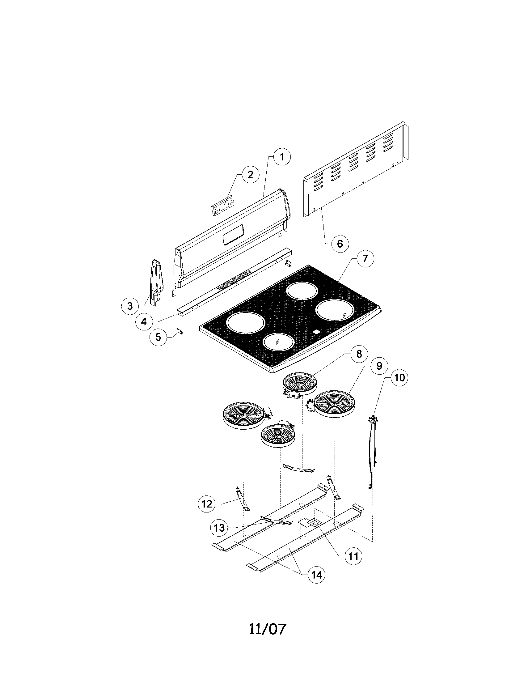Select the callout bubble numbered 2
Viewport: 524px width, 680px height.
pos(250,174)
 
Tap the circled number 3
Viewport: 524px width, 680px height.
pos(130,306)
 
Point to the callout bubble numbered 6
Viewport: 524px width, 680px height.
pos(340,243)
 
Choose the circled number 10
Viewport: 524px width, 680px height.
pos(399,377)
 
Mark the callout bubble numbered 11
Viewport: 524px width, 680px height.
pos(353,556)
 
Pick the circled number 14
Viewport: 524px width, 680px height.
pos(316,575)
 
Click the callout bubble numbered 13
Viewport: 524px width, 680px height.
pos(219,527)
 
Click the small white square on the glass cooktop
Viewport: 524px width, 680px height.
pos(316,332)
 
